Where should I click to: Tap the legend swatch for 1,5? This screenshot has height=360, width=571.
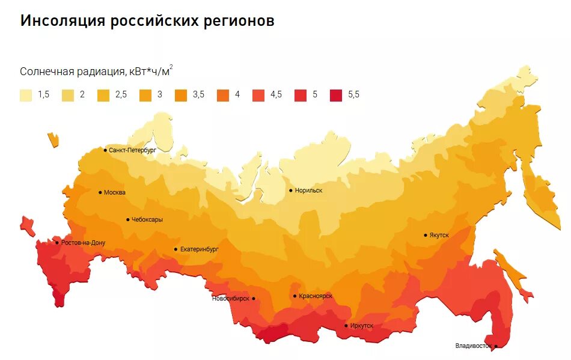click(x=26, y=95)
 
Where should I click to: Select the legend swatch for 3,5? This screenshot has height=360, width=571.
click(x=181, y=95)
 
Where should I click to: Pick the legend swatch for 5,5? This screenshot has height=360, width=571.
click(x=336, y=95)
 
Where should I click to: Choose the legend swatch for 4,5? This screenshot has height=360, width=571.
click(x=258, y=95)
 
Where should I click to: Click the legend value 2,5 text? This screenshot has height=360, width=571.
click(x=121, y=95)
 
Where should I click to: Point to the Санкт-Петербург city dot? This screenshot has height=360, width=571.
click(x=105, y=150)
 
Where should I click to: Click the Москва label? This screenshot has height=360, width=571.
click(x=115, y=193)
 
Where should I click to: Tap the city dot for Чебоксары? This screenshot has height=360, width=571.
click(x=128, y=220)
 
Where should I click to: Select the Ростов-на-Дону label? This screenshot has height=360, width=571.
click(x=83, y=243)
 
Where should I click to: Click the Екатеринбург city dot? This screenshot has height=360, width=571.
click(x=176, y=249)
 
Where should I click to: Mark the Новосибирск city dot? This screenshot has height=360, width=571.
click(x=254, y=298)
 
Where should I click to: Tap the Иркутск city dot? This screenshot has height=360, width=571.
click(x=346, y=326)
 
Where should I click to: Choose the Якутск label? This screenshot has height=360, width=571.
click(x=439, y=235)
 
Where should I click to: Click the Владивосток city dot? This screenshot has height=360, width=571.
click(x=496, y=346)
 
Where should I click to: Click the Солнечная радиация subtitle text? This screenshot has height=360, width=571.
click(x=72, y=72)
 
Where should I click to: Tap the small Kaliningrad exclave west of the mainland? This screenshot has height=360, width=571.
click(x=53, y=139)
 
